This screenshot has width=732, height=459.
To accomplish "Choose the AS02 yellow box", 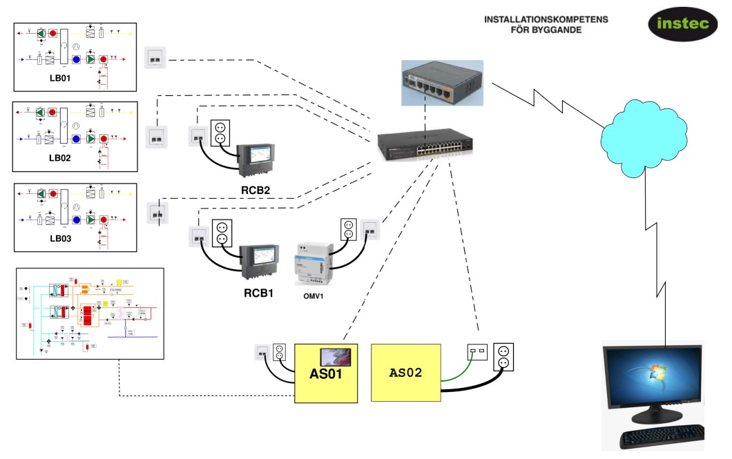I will (x=406, y=373).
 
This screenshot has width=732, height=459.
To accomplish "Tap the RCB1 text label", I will (x=259, y=293).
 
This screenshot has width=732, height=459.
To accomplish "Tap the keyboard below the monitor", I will (x=662, y=437).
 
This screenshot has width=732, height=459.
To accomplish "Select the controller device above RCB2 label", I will (x=254, y=161).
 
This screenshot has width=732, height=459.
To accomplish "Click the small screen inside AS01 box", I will (x=336, y=358).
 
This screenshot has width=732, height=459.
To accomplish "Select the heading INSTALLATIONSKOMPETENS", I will (x=546, y=19).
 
